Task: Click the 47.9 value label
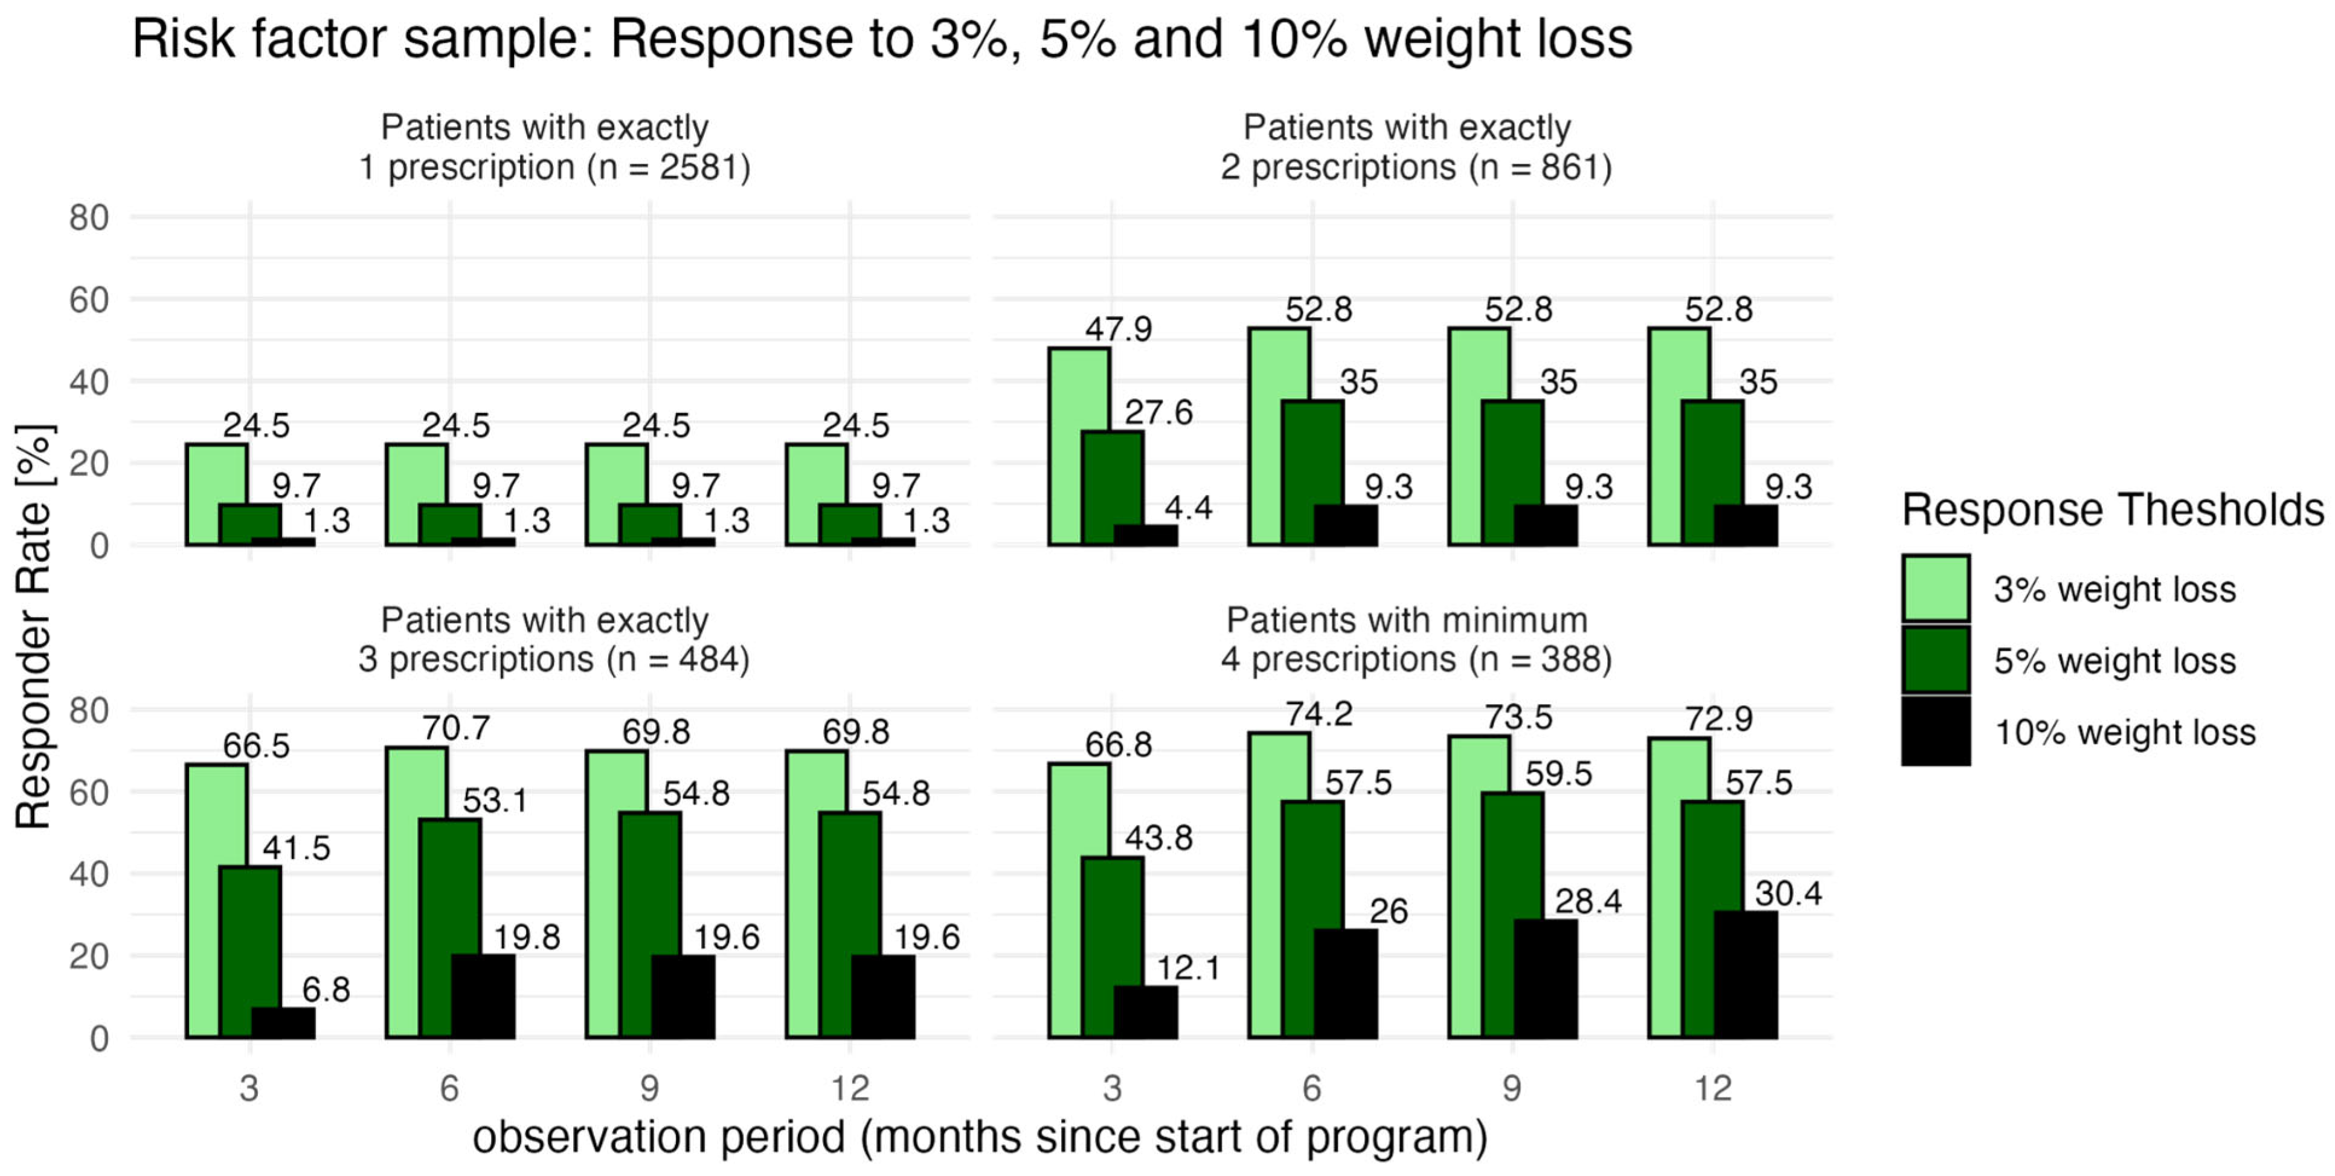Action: (x=1119, y=328)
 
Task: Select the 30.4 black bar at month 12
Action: (x=1745, y=975)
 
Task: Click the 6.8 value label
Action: (x=326, y=989)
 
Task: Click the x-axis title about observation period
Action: (x=980, y=1137)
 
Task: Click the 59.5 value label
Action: (x=1558, y=774)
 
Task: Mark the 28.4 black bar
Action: (x=1546, y=979)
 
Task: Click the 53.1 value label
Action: (x=495, y=801)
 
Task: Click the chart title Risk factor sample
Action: (x=882, y=39)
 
